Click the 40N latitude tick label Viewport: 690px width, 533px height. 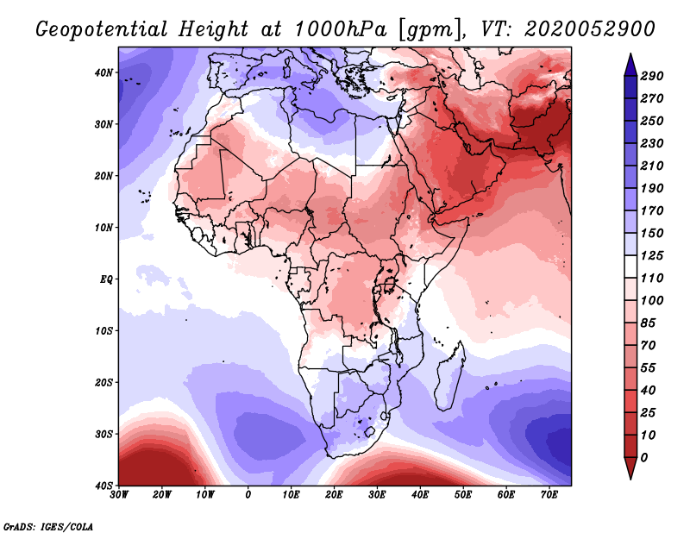(103, 72)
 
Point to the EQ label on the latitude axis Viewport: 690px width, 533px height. (105, 279)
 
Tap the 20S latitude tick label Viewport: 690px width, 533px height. (103, 382)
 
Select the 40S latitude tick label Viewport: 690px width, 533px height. (103, 486)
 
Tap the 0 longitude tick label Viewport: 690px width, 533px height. (248, 496)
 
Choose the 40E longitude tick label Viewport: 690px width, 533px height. (420, 496)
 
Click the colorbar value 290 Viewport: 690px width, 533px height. (651, 77)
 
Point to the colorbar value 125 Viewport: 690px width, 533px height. (651, 256)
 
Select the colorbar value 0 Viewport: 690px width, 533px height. (645, 457)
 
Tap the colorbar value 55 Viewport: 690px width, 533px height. (649, 367)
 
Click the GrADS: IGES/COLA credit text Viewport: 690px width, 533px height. (48, 525)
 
